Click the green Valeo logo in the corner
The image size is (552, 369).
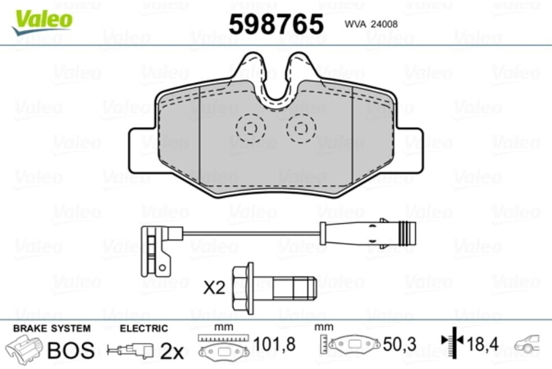pos(42,22)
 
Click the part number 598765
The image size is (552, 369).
pos(276,24)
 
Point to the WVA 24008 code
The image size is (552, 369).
pos(371,24)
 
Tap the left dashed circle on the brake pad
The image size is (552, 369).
pos(250,114)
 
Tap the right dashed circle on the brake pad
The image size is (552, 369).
pos(301,114)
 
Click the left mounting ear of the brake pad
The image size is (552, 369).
pos(141,151)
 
